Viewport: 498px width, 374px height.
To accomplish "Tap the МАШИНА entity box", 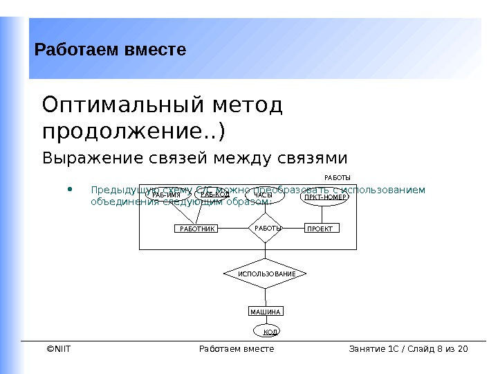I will point(266,312).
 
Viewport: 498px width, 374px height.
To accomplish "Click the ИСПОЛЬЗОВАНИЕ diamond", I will point(266,274).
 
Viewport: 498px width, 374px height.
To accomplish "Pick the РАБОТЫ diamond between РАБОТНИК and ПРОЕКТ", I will point(266,229).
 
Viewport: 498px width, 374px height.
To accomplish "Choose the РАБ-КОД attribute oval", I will point(215,197).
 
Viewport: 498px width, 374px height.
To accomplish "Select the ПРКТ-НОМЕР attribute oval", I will point(325,197).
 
